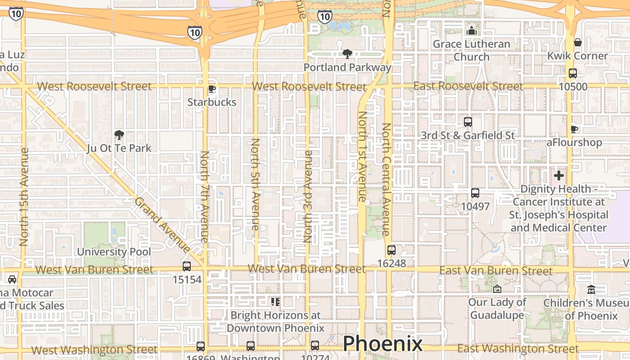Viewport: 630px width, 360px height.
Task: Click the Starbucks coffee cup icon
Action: coord(212,89)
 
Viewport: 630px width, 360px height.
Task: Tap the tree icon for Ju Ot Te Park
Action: coord(119,135)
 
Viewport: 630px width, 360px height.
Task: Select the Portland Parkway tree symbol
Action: coord(347,54)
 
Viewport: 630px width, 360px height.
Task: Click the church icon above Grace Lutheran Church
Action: coord(472,31)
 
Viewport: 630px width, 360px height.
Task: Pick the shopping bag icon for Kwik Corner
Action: coord(578,42)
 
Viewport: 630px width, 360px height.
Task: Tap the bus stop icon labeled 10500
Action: coord(573,73)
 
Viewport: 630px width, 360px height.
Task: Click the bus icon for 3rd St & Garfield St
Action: coord(468,121)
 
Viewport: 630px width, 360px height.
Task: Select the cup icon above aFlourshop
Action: coord(574,129)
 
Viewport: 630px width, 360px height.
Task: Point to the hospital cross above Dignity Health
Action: coord(559,175)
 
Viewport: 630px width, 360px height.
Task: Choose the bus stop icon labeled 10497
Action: coord(475,193)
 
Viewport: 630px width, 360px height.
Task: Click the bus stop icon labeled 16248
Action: coord(391,250)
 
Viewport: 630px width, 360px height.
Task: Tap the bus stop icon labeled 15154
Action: coord(187,266)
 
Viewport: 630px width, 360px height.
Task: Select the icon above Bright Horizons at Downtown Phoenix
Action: coord(275,301)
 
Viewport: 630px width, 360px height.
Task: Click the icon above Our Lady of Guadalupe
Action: coord(497,288)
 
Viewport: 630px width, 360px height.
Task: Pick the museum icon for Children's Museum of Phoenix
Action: coord(591,289)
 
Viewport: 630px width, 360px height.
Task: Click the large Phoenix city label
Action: coord(382,344)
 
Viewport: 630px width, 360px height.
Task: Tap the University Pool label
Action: coord(114,252)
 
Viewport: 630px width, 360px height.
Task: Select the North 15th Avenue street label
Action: coord(24,197)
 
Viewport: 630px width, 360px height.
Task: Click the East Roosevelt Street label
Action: coord(468,86)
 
